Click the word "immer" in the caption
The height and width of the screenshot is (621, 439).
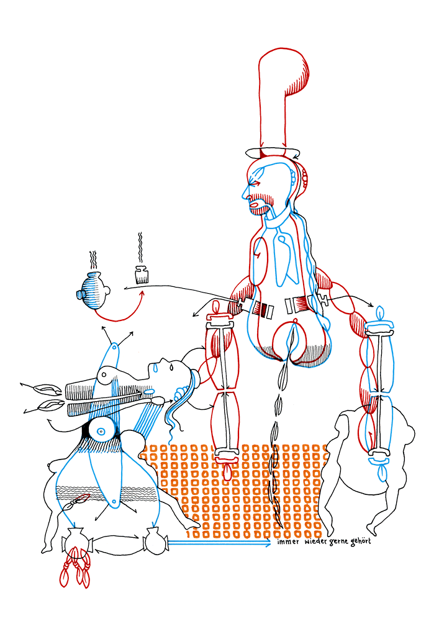287,542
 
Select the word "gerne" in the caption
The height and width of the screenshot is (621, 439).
338,542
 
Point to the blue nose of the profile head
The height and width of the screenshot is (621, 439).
245,193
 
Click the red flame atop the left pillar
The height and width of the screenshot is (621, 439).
217,307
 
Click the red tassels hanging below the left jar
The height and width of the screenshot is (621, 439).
75,566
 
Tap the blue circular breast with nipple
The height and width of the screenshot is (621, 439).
101,431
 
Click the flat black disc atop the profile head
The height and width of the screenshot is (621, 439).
273,153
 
